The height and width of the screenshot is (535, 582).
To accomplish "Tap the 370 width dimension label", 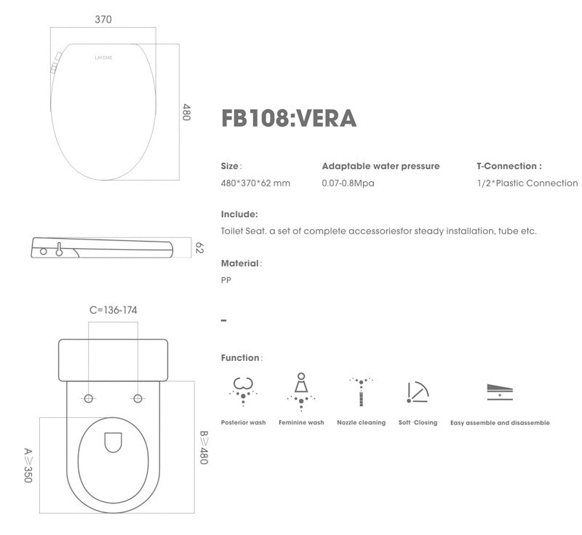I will point(103,20).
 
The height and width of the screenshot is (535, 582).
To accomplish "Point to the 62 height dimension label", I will point(199,247).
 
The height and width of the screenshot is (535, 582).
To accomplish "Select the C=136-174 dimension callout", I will point(113,310).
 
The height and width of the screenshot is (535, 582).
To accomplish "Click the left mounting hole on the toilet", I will point(89,398).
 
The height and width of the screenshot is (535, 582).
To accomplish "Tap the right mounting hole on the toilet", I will point(138,398).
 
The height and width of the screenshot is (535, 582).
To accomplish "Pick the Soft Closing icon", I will point(418,392).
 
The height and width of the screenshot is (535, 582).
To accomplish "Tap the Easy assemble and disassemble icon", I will point(500,392).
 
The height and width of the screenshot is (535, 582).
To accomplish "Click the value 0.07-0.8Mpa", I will point(348,183).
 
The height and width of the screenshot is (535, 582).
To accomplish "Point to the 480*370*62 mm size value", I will point(255,183).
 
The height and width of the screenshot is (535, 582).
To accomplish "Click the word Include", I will point(239,215).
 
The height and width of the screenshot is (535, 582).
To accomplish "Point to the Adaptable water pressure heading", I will point(380,166).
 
